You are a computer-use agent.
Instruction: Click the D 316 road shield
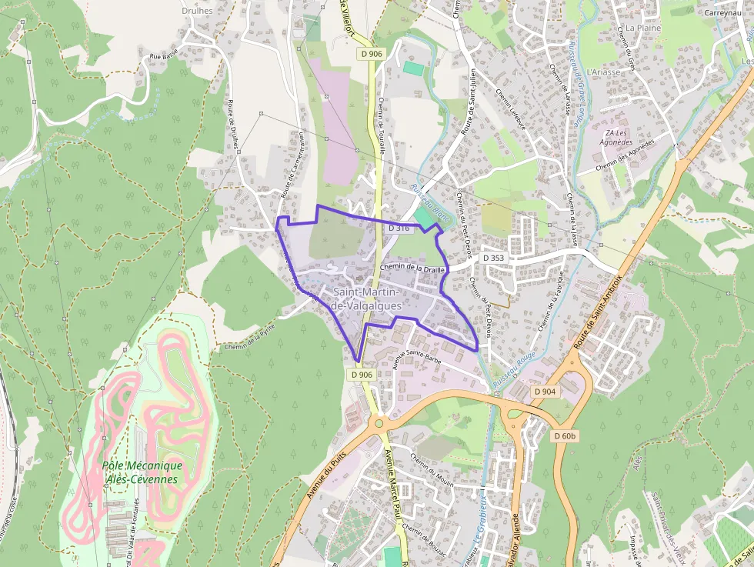pyautogui.click(x=399, y=228)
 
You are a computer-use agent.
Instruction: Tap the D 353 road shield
pyautogui.click(x=495, y=257)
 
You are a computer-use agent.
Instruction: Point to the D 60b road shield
pyautogui.click(x=565, y=436)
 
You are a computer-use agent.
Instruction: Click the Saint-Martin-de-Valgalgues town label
pyautogui.click(x=365, y=299)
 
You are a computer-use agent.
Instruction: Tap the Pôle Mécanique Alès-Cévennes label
pyautogui.click(x=142, y=472)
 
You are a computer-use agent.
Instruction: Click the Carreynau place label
pyautogui.click(x=721, y=13)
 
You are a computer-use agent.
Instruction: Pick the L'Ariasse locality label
pyautogui.click(x=602, y=72)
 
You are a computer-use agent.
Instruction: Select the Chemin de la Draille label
pyautogui.click(x=413, y=268)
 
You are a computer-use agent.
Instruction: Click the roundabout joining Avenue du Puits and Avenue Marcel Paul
pyautogui.click(x=378, y=422)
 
